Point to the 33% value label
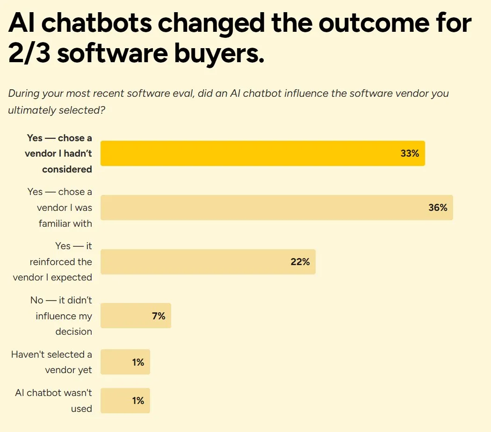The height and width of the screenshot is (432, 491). point(410,153)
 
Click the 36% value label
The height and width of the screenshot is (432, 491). point(438,208)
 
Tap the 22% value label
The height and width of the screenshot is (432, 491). point(300,262)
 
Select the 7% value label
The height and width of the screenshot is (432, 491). point(159,316)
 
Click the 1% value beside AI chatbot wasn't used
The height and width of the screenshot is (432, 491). point(138,401)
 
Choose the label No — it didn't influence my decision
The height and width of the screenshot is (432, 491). point(61,316)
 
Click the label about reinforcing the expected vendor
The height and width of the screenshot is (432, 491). point(52,262)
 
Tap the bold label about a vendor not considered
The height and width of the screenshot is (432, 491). point(59,153)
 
